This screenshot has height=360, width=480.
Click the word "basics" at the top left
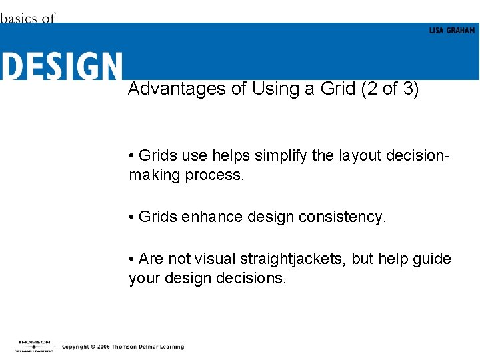click(19, 18)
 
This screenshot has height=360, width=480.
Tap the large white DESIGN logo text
click(61, 67)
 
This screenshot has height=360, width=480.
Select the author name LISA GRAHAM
click(451, 31)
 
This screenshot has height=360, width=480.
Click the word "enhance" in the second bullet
click(207, 217)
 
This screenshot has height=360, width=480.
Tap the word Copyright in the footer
click(75, 347)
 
